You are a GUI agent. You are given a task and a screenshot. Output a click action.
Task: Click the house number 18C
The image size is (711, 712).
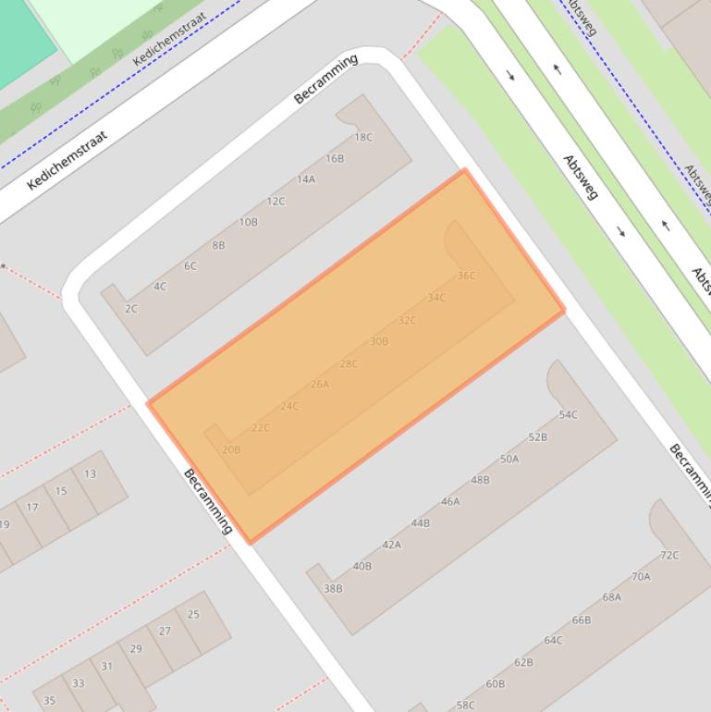point(363,138)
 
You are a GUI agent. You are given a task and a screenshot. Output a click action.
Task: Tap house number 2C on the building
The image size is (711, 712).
point(131,309)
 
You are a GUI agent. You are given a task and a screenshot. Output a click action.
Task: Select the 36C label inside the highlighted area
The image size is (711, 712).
point(466,276)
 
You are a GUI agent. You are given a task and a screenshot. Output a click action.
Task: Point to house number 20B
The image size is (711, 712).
point(231,450)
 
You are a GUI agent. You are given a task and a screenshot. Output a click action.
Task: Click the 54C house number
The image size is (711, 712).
point(568,415)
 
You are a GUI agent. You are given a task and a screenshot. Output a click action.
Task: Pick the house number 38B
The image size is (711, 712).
point(333,588)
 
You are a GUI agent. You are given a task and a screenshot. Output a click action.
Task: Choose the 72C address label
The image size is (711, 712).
point(668,556)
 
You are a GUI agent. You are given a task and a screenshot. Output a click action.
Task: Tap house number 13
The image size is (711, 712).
point(90,474)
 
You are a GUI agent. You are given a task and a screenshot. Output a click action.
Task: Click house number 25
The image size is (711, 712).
point(193,614)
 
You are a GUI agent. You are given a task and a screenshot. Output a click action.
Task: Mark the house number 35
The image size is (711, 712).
point(49,701)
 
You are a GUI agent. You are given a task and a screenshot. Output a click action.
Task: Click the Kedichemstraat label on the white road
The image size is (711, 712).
point(67,160)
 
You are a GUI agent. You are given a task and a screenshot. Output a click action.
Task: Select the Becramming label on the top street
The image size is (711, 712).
point(325,80)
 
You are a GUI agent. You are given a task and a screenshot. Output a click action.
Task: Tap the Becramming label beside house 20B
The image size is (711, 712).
point(207,501)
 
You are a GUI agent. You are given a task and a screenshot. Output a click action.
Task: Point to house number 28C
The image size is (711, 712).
point(349,364)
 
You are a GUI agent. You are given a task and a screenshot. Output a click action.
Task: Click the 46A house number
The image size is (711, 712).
point(449,502)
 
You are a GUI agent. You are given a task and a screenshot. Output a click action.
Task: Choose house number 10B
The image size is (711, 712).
point(248,223)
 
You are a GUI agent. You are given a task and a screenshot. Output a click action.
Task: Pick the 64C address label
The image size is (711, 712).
point(553,641)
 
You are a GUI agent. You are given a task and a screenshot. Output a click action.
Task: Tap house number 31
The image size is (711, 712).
point(107,666)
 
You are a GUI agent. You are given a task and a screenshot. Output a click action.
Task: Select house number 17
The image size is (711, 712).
point(32,508)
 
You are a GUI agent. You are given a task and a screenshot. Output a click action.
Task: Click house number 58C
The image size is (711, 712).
point(465,706)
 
